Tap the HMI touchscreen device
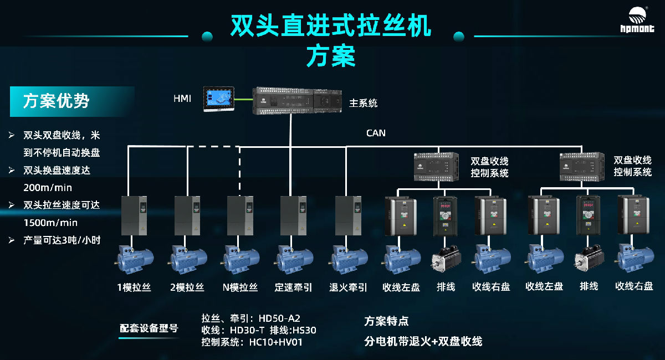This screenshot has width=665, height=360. click(x=218, y=98)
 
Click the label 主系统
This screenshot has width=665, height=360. click(x=363, y=103)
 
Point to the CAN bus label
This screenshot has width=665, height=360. click(x=376, y=133)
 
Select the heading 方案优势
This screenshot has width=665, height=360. click(x=56, y=101)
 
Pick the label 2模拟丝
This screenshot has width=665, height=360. click(x=187, y=287)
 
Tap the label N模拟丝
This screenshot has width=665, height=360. click(x=240, y=287)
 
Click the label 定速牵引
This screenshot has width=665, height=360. click(x=293, y=287)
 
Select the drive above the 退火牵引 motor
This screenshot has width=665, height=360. click(x=348, y=216)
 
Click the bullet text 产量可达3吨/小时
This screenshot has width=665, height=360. click(x=62, y=240)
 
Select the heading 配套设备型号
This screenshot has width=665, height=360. click(x=149, y=328)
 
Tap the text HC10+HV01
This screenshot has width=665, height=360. click(x=275, y=342)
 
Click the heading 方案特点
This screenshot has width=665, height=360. click(x=386, y=321)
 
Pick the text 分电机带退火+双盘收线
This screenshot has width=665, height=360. click(x=423, y=341)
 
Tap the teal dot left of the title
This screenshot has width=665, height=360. click(x=207, y=37)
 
